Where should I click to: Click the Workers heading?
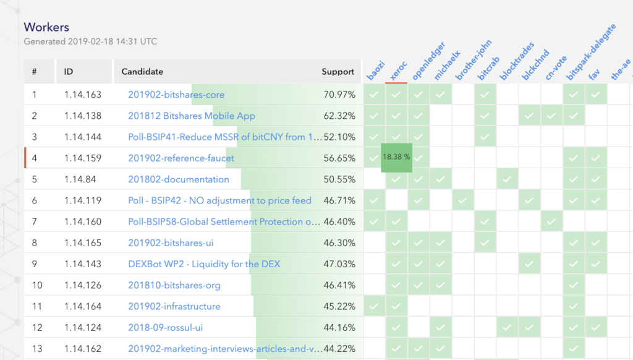coord(46,27)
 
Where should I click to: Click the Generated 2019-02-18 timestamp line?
coord(90,42)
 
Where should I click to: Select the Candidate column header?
coord(142,72)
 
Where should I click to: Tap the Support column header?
coord(338,72)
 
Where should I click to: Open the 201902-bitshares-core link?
coord(176,95)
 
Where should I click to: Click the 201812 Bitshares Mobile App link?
coord(192,116)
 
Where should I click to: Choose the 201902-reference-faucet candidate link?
coord(181,158)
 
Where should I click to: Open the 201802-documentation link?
coord(179,179)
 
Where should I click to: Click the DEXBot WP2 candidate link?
coord(204,264)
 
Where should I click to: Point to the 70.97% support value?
coord(339,95)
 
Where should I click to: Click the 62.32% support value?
coord(339,116)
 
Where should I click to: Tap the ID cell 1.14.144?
coord(83,137)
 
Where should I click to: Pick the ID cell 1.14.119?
coord(83,200)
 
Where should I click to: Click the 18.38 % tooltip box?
coord(396,157)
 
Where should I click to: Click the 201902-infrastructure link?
coord(174,306)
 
